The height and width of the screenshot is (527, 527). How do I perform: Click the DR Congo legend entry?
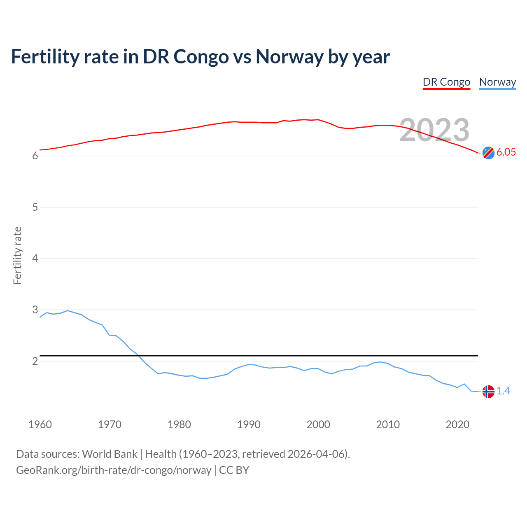coord(446,82)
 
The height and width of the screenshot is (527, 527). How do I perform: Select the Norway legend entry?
coord(497,82)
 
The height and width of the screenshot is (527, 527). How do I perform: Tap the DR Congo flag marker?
coord(488,153)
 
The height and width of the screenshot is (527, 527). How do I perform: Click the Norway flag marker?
coord(488,391)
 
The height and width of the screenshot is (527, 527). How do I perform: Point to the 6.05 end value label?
coord(506,152)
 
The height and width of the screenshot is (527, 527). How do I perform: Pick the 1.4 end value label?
coord(503,391)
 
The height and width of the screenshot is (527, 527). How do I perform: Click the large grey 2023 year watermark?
coord(434,130)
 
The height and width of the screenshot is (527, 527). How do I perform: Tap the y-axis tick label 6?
coord(35,156)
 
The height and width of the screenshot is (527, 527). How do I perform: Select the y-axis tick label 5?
coord(35,207)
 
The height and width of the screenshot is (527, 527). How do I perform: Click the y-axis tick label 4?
coord(35,258)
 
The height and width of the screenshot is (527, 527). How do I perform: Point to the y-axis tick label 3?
coord(35,310)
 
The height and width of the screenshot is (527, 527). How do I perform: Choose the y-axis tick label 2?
coord(35,361)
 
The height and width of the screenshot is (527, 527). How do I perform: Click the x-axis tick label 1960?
coord(40,424)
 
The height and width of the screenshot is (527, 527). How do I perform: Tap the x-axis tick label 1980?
coord(179,424)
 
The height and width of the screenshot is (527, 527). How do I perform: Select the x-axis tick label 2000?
coord(318,424)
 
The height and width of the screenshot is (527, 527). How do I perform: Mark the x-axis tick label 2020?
coord(457,424)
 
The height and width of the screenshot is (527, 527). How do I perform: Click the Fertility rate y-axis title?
coord(17,255)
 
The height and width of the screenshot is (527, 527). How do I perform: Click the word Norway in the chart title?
coord(289,56)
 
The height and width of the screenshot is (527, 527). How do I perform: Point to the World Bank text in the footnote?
coord(110,454)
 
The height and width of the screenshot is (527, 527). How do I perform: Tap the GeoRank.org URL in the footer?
coord(114,470)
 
